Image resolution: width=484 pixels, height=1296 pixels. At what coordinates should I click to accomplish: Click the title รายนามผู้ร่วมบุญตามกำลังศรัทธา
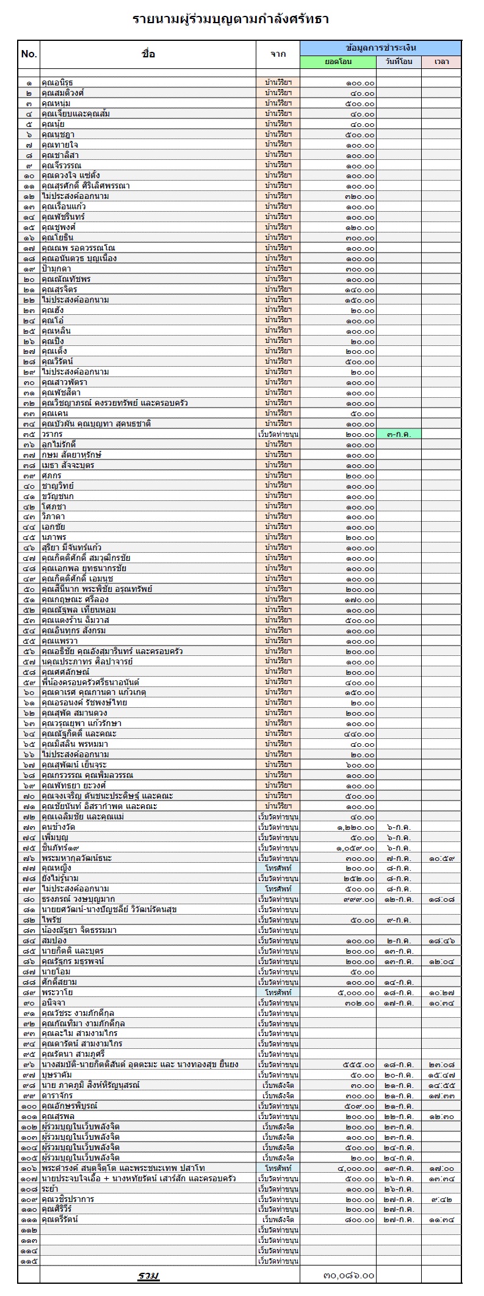231,20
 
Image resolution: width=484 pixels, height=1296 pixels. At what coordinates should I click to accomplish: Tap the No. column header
29,54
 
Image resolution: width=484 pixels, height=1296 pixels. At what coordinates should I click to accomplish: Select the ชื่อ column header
148,54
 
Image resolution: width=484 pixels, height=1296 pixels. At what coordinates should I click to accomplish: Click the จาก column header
278,54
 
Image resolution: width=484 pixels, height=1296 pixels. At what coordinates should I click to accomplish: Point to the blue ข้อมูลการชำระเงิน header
380,48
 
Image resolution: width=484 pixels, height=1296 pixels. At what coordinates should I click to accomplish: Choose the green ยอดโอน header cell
338,62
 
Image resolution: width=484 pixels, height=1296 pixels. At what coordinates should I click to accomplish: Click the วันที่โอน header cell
399,62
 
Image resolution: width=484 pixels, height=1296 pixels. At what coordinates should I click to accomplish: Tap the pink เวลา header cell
441,62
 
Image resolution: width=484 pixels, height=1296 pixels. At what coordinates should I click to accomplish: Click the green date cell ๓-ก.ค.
399,434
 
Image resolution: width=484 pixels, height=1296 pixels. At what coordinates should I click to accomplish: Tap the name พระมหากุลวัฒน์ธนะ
76,858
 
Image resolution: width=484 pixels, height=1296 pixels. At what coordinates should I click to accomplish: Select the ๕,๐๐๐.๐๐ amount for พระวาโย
355,992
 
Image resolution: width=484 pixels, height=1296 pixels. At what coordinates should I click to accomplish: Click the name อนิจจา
53,1003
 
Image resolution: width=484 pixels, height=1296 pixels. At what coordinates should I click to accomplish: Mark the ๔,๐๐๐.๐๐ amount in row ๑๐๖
355,1168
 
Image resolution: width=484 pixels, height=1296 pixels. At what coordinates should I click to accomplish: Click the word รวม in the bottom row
148,1276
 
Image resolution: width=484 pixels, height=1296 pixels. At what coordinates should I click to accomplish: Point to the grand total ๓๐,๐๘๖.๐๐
348,1276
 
